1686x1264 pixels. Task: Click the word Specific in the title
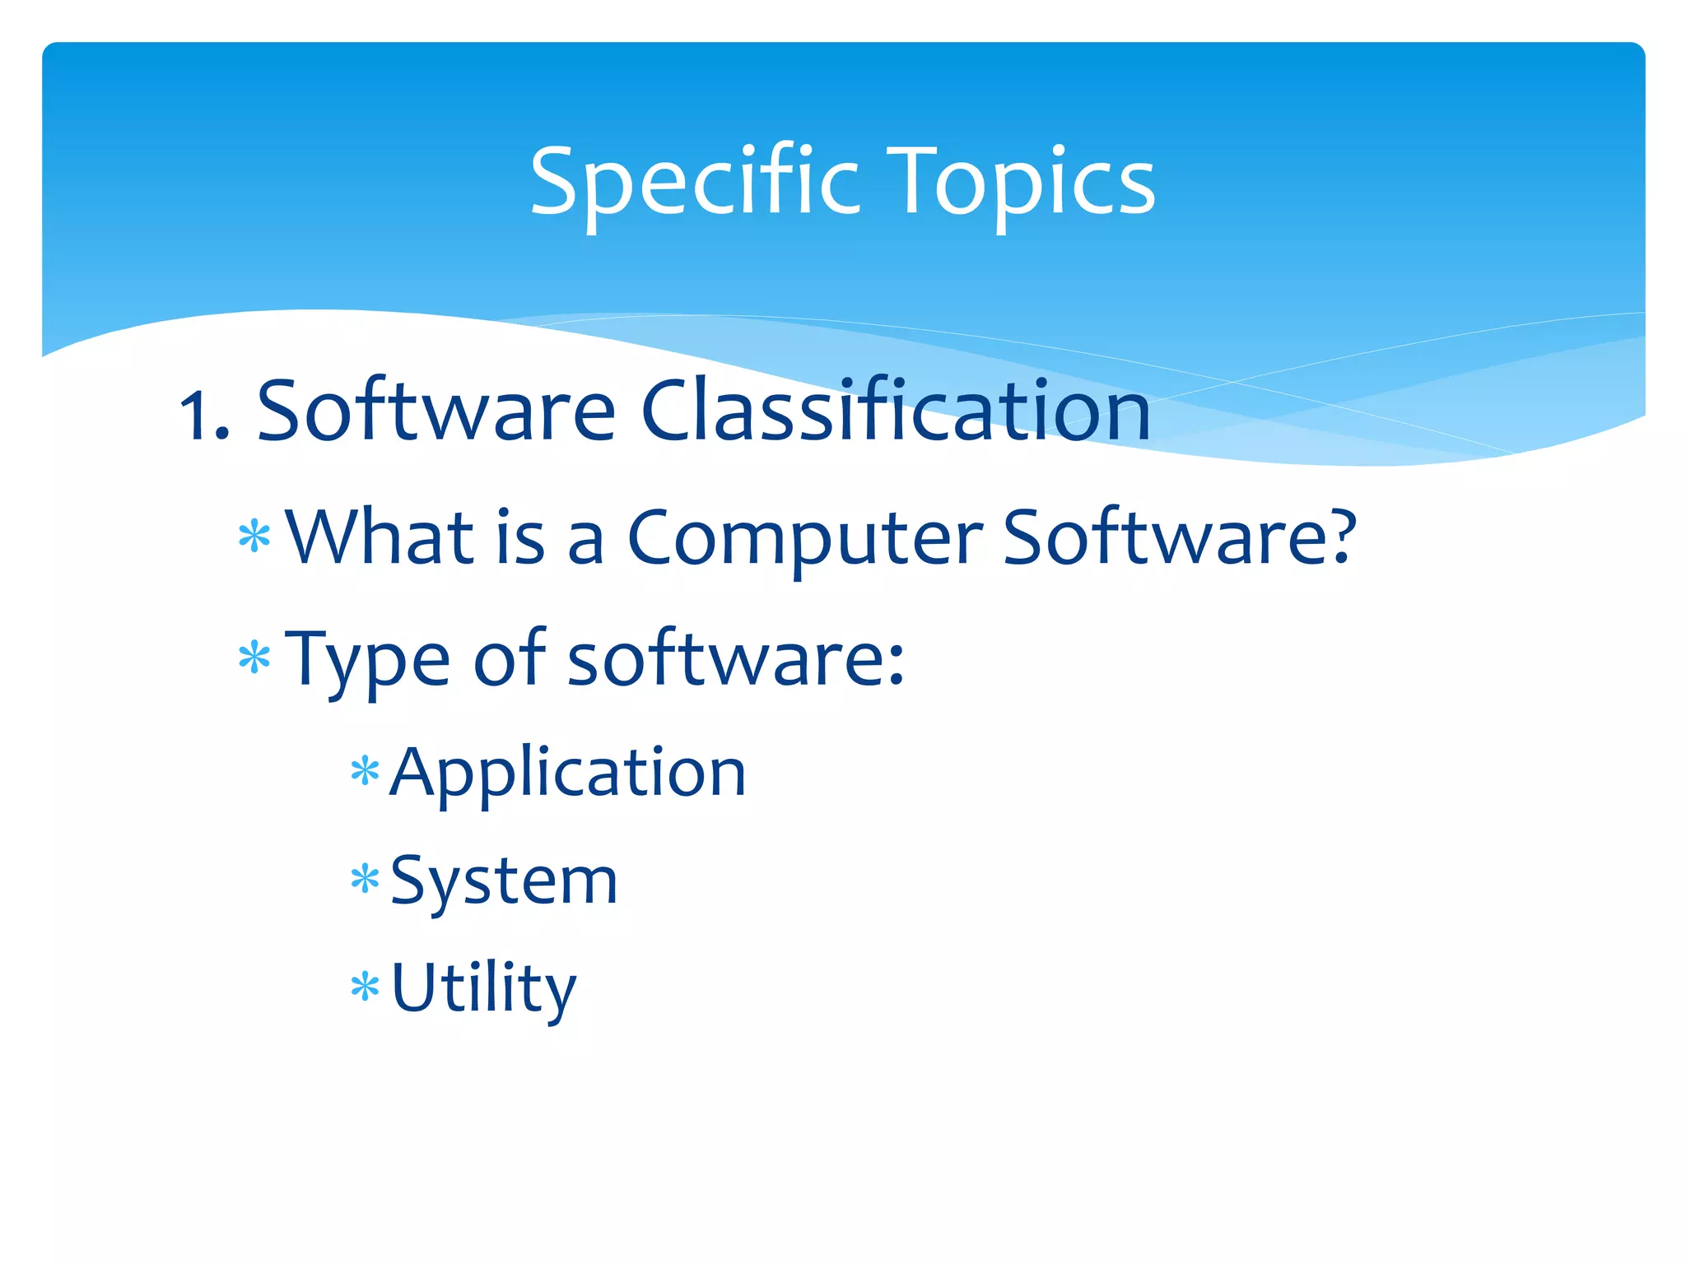coord(694,183)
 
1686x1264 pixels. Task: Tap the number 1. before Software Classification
coord(204,416)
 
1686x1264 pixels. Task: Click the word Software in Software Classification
coord(436,411)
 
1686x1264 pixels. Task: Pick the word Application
coord(568,774)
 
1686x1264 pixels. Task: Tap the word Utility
coord(483,988)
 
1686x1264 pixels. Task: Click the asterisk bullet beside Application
coord(365,773)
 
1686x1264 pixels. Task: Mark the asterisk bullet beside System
coord(365,880)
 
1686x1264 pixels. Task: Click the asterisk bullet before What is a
coord(254,537)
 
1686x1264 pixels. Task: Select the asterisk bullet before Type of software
coord(254,658)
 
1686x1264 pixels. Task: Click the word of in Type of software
coord(509,658)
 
